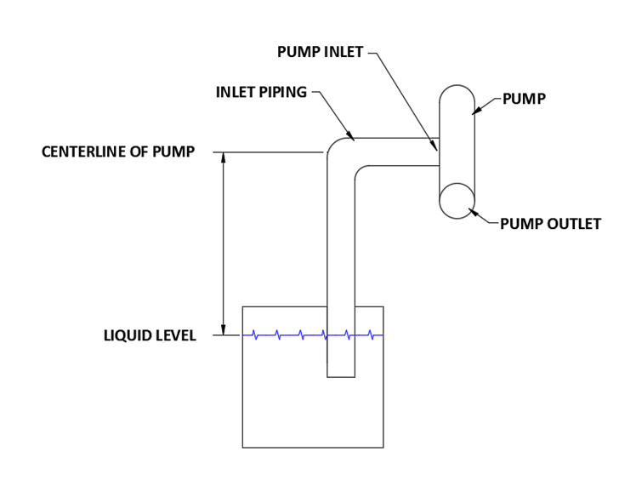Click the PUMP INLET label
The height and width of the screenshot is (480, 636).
point(320,53)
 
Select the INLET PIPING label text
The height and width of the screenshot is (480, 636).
point(261,92)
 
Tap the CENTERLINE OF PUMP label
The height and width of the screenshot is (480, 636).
point(118,152)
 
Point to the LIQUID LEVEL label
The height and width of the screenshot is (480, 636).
point(150,336)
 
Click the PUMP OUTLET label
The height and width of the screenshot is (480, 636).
point(550,225)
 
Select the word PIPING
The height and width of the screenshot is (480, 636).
point(283,92)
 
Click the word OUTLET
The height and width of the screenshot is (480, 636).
point(572,225)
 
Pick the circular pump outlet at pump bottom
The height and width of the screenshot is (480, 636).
point(457,201)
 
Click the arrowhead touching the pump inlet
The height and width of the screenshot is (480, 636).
point(434,146)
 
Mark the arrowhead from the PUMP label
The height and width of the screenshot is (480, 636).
point(477,110)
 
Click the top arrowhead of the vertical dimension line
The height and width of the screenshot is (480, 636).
point(223,158)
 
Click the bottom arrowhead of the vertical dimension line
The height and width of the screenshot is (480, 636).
point(223,329)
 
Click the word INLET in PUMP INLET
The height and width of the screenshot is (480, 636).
point(343,53)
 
